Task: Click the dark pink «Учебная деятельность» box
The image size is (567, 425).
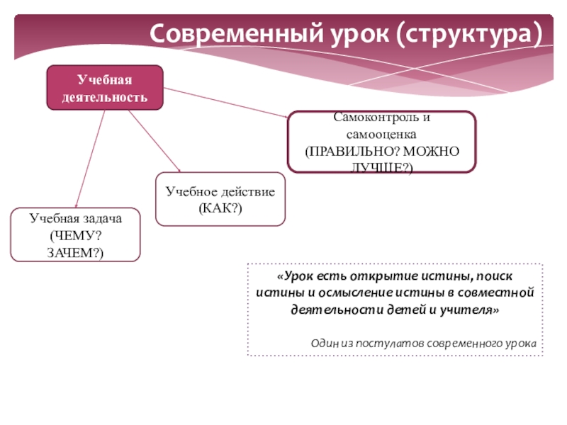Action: point(105,88)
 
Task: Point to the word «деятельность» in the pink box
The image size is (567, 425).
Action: point(105,96)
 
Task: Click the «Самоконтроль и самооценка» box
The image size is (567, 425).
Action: point(381,142)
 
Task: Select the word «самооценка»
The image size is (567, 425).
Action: point(381,133)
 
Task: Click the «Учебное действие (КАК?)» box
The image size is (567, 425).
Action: point(220,200)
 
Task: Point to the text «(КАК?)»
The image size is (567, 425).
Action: point(220,209)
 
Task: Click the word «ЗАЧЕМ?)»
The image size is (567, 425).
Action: point(75,252)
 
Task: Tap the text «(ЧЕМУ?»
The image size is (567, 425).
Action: point(75,236)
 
